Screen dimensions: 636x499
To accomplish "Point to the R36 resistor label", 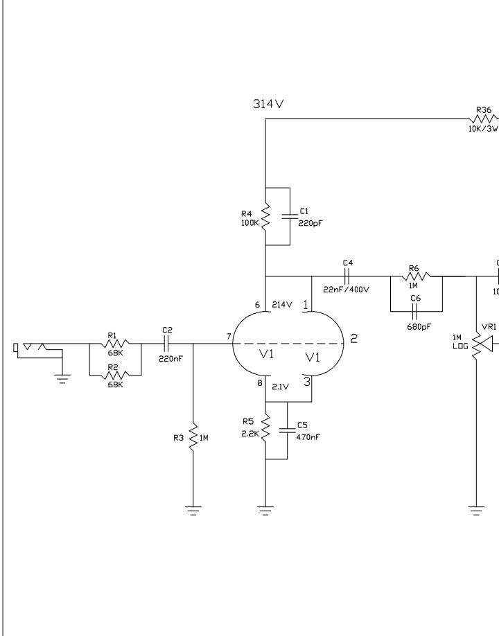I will coord(483,109).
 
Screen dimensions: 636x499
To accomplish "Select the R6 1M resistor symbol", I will coord(415,276).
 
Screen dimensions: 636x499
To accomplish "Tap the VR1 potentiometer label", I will coord(489,324).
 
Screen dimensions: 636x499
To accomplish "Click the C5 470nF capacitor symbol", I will coord(288,430).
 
